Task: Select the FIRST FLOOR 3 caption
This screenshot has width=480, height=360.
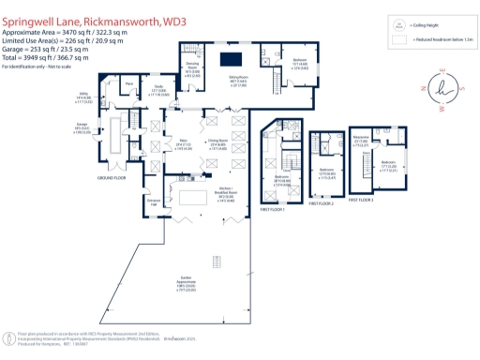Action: point(362,200)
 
